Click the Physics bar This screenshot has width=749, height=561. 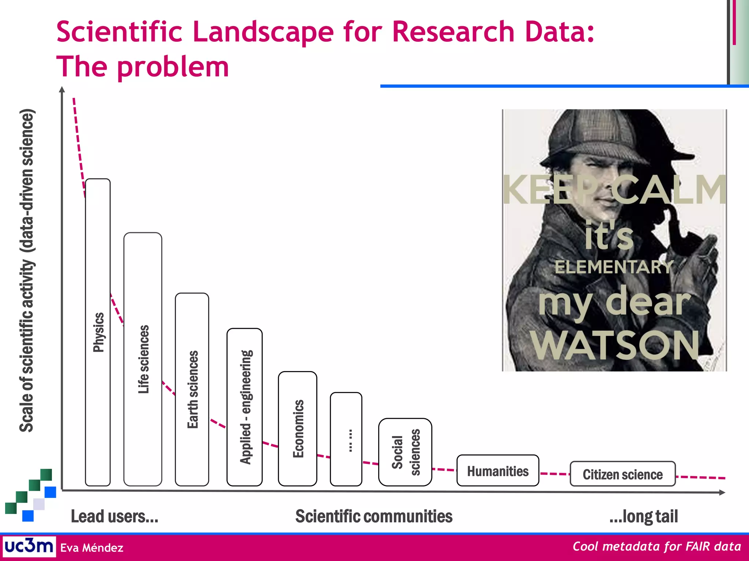point(98,332)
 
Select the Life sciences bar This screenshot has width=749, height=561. point(143,359)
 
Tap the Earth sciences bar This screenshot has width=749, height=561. point(192,389)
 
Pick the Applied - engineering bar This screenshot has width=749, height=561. point(245,407)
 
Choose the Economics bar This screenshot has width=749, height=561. point(298,428)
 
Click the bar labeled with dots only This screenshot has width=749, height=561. point(346,439)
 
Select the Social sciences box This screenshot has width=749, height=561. point(405,452)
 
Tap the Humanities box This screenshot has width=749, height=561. point(498,471)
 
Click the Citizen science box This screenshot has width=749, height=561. point(622,474)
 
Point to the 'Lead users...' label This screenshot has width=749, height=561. point(114,516)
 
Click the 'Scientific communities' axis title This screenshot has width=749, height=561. point(374,516)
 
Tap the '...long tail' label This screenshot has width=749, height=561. point(643,516)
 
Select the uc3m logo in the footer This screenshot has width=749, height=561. point(29,546)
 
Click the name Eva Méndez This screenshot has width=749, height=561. point(92,548)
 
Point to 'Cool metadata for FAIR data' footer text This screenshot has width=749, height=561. point(656,546)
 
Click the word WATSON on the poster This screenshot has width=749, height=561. point(615,345)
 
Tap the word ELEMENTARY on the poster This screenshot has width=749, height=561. point(614,267)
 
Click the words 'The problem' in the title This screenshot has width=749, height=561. point(143,67)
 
